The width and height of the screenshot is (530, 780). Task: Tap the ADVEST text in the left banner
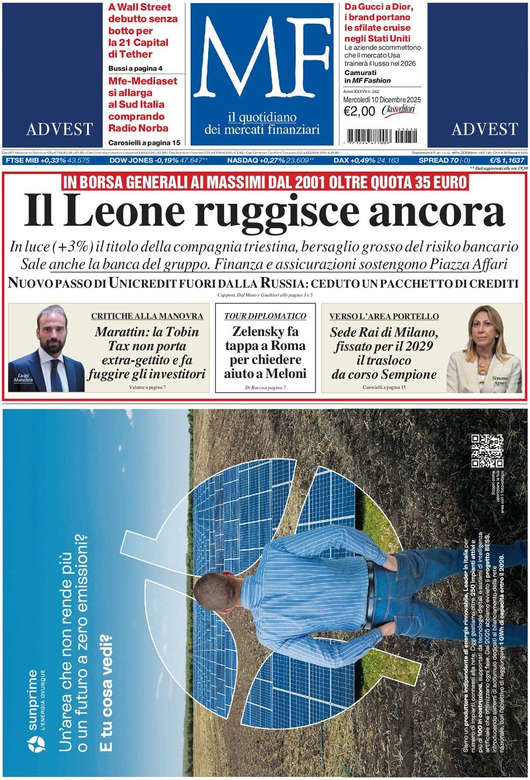pos(59,129)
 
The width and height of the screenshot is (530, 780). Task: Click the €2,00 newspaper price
pos(359,112)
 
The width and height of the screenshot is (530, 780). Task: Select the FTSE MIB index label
pos(22,160)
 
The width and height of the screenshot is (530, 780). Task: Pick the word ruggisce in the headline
pos(277,212)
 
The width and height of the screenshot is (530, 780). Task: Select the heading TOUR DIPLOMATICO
pos(266,316)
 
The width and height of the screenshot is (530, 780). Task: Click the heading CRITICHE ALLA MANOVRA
pos(147,316)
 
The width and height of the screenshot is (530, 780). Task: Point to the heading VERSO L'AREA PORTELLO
pos(384,316)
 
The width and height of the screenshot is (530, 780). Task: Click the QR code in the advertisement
pos(487,450)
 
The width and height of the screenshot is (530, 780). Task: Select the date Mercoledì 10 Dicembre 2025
pos(382,100)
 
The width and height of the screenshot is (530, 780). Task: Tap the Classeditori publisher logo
pos(399,111)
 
